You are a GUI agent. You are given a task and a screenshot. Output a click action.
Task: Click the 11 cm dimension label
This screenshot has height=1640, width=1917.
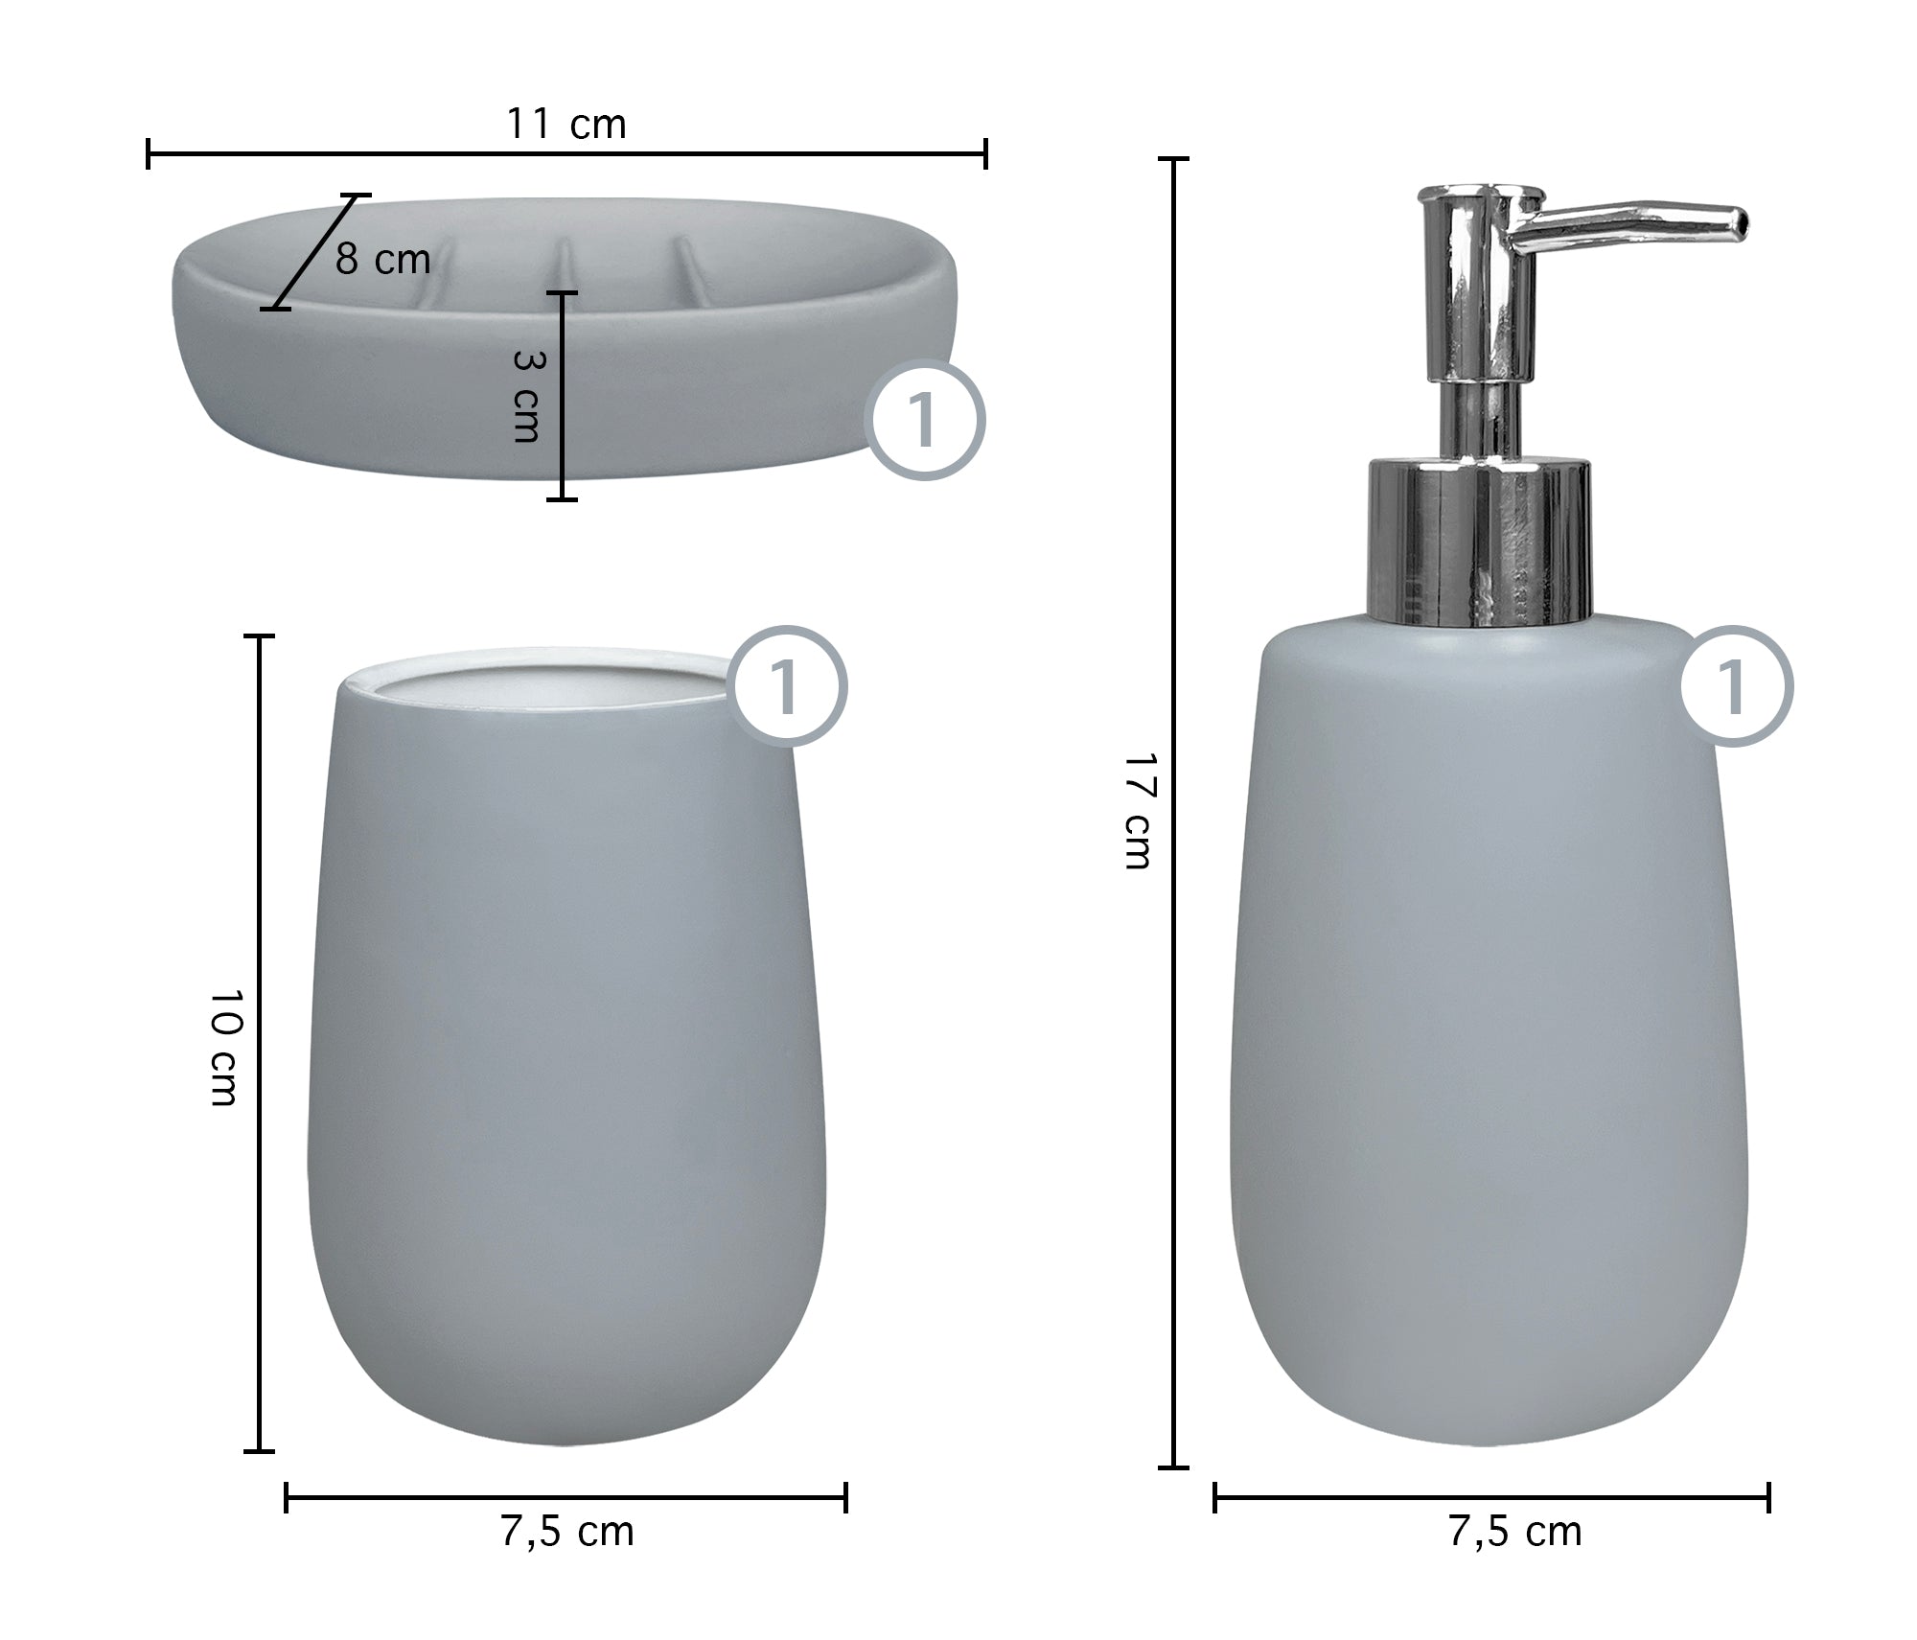[566, 125]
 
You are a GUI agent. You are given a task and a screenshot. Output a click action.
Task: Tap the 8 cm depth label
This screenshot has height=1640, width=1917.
[382, 260]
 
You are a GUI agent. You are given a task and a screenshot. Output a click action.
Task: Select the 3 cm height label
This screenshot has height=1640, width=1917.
[527, 395]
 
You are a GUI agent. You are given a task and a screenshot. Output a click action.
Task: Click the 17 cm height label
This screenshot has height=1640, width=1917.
[1139, 810]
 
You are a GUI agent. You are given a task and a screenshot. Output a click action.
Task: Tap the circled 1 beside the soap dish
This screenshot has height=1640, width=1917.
[925, 420]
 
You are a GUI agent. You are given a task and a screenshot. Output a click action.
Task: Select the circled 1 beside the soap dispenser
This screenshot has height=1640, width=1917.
[1735, 686]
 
